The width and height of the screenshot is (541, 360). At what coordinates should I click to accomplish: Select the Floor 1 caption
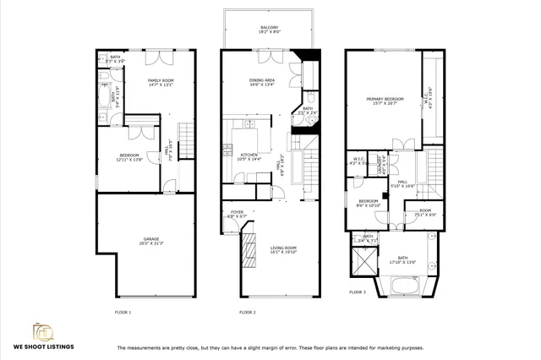tap(123, 313)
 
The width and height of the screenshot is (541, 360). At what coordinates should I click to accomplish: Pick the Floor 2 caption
tap(247, 313)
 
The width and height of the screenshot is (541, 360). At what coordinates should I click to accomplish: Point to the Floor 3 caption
tap(358, 292)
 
